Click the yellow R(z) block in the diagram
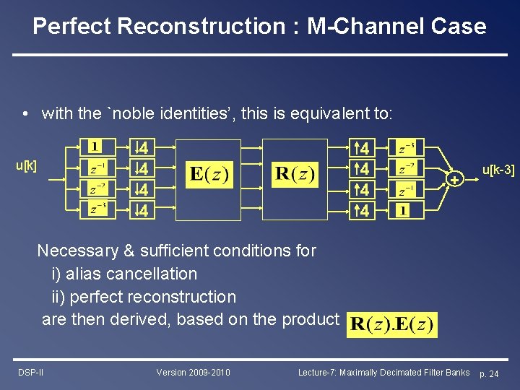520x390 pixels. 295,175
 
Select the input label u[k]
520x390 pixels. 27,166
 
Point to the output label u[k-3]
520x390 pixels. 498,170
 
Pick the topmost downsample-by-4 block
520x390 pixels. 142,148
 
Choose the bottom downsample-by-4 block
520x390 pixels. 142,211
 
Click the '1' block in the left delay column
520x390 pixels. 95,147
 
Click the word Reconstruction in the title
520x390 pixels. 201,27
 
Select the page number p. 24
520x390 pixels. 488,373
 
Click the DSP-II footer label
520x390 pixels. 30,373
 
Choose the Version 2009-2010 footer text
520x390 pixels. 193,373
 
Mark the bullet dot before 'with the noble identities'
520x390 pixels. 25,114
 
